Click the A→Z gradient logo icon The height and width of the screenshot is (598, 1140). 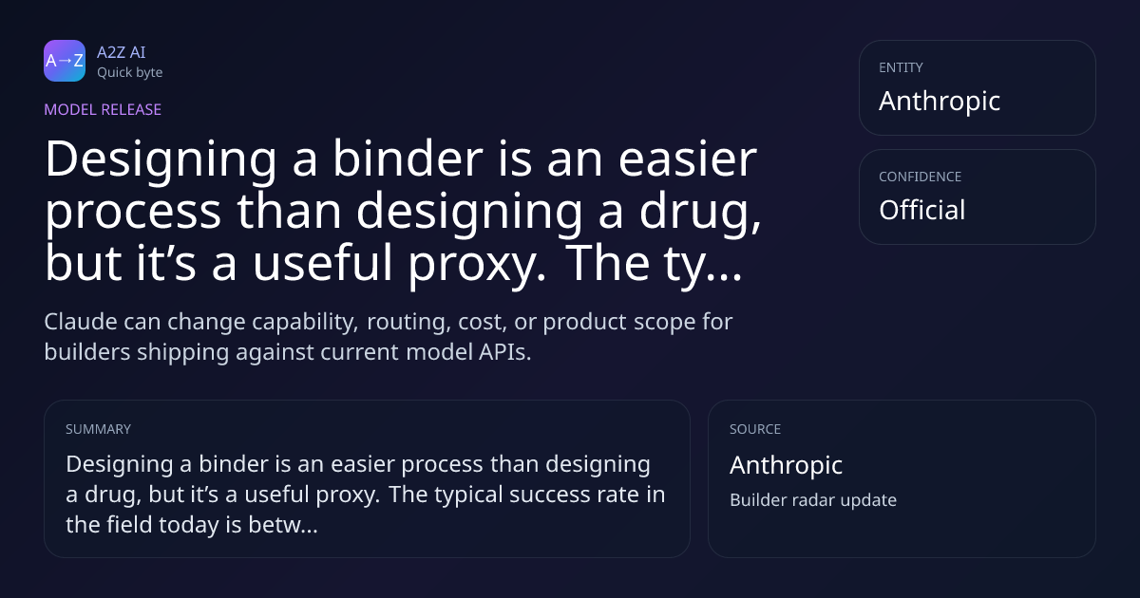pos(65,61)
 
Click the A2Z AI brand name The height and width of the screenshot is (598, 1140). pos(122,52)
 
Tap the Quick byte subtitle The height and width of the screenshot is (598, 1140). pos(130,72)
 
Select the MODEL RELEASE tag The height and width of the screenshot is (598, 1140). pos(103,109)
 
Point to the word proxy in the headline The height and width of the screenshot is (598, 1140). pos(477,264)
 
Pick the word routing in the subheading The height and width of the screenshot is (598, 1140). pos(408,323)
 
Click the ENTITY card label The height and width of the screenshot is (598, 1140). pos(901,67)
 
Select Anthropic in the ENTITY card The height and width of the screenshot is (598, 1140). pos(940,102)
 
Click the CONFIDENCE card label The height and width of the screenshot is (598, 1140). pos(921,177)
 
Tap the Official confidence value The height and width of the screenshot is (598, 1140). pos(922,210)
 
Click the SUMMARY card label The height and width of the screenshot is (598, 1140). pos(98,429)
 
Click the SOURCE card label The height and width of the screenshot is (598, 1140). pos(755,429)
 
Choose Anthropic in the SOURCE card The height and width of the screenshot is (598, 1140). pos(786,465)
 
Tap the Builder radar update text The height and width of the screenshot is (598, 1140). pos(813,500)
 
